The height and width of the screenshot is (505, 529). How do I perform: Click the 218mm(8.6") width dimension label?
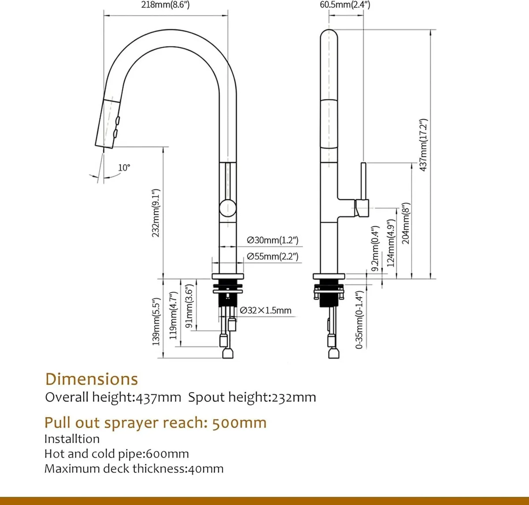click(165, 5)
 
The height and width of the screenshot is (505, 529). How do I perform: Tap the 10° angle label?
click(124, 168)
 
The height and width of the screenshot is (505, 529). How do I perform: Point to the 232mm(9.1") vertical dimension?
click(156, 213)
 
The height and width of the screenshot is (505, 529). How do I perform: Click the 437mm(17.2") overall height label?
click(423, 145)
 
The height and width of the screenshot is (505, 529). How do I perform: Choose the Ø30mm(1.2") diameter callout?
click(272, 240)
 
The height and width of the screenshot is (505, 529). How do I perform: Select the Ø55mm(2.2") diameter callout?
click(272, 256)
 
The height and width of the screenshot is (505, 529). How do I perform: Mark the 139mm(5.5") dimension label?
click(156, 322)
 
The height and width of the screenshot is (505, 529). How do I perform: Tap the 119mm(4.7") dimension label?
click(173, 315)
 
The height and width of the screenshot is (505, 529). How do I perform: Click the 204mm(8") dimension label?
click(406, 223)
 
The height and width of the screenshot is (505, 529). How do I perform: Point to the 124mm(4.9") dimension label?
click(391, 243)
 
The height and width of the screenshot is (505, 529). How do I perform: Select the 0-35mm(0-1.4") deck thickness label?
click(360, 320)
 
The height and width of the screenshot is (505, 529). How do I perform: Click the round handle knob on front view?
click(227, 207)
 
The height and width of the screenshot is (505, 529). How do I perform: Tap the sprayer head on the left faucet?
click(108, 123)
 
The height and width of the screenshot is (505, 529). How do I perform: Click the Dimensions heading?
click(92, 379)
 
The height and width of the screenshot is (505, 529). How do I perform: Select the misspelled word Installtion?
click(72, 439)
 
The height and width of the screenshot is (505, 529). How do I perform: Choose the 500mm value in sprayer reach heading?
click(239, 423)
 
